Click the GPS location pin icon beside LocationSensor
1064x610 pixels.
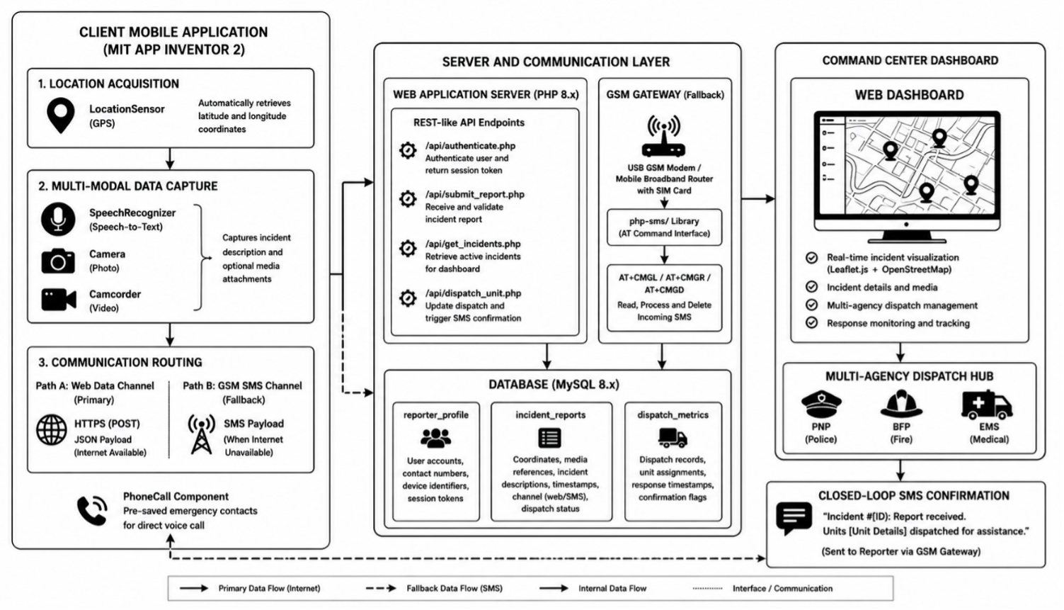click(x=60, y=115)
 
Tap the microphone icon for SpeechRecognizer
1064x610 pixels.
click(x=58, y=219)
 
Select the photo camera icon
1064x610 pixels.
click(x=58, y=261)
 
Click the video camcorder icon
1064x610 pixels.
click(x=59, y=300)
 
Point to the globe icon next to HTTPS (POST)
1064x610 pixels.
click(x=52, y=430)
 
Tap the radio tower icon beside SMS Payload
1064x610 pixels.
click(x=201, y=434)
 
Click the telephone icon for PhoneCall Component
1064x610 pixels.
click(x=92, y=511)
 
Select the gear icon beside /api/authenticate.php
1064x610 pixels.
click(x=408, y=150)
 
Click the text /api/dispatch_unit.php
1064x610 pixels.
click(x=473, y=293)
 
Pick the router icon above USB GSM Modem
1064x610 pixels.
click(x=663, y=136)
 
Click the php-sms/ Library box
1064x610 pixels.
click(x=664, y=227)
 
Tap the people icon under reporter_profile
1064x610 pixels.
click(x=435, y=438)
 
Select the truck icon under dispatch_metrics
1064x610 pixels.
click(x=673, y=438)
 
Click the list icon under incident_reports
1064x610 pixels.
click(x=549, y=438)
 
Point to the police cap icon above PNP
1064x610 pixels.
click(x=821, y=404)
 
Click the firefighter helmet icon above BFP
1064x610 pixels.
click(x=901, y=404)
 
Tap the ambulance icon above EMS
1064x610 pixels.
click(x=987, y=405)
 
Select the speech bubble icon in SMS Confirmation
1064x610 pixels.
click(x=794, y=518)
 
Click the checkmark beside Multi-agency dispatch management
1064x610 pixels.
click(x=812, y=305)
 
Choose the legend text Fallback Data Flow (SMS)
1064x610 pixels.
click(x=454, y=588)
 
